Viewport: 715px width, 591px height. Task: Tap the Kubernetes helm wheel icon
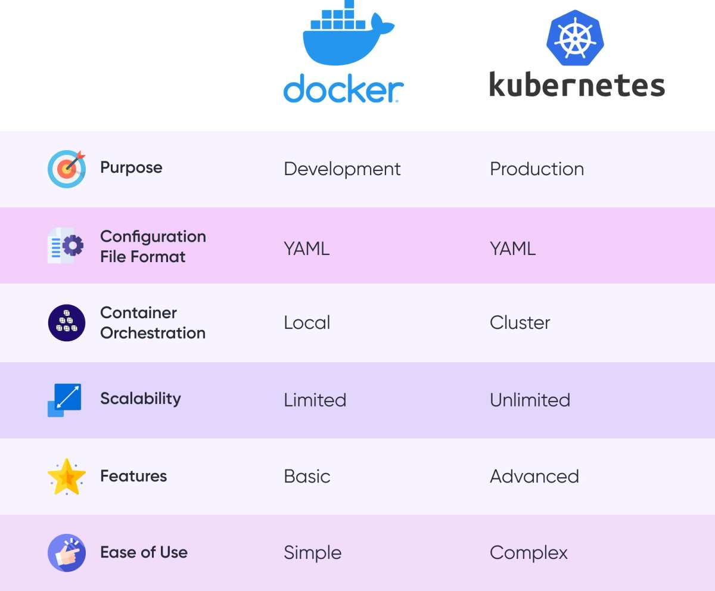click(x=575, y=38)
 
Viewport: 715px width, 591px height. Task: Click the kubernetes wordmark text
click(x=577, y=84)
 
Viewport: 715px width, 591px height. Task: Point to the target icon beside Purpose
click(x=67, y=169)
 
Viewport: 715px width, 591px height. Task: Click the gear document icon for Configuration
click(x=66, y=245)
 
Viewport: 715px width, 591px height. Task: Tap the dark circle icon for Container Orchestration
click(x=67, y=322)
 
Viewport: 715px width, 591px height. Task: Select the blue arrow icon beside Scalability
click(x=64, y=400)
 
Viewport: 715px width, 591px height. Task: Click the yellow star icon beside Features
click(x=67, y=477)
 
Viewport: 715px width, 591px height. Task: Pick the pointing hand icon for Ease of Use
click(x=67, y=553)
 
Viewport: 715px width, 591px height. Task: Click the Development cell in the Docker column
click(x=342, y=169)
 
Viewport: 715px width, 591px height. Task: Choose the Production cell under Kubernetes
click(x=536, y=169)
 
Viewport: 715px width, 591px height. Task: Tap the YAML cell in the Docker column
click(x=306, y=248)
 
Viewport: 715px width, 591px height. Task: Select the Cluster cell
click(x=520, y=322)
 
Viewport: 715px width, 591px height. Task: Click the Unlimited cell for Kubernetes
click(x=530, y=400)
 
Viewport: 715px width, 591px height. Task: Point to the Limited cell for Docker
click(x=315, y=400)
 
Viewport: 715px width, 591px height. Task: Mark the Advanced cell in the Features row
click(x=534, y=476)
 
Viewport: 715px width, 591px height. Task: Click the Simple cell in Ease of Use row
click(x=312, y=553)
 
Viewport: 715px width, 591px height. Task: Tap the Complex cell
click(x=529, y=553)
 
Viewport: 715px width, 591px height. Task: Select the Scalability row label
click(x=140, y=399)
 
